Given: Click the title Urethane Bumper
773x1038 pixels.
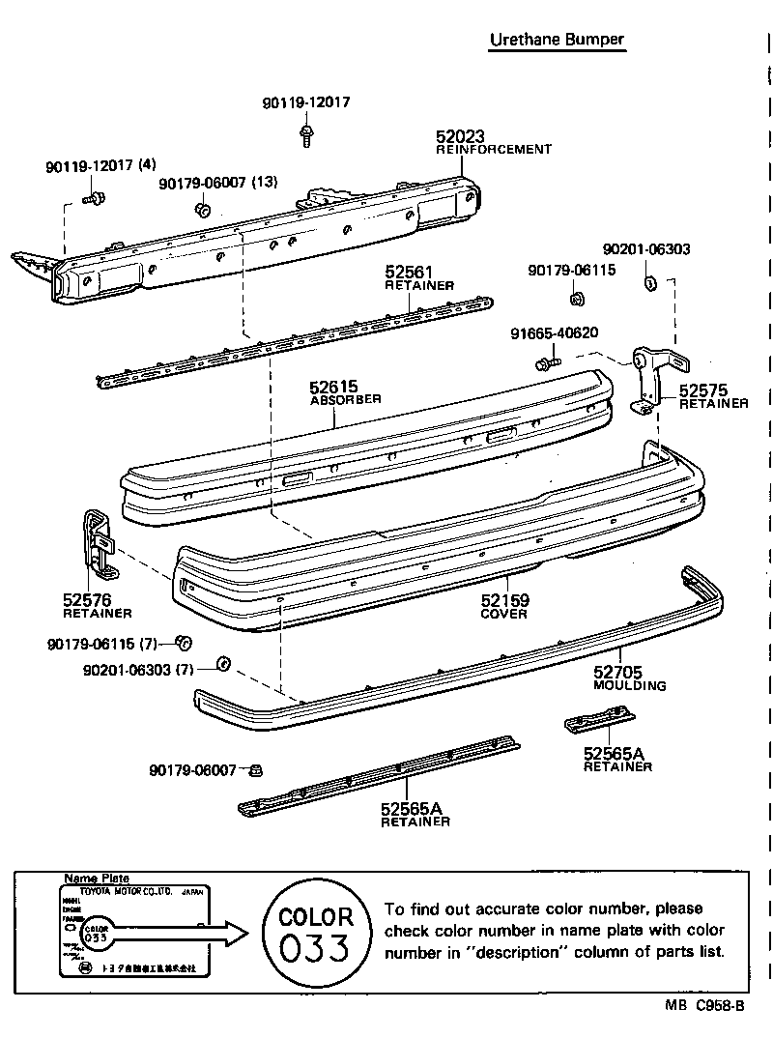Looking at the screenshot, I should [557, 40].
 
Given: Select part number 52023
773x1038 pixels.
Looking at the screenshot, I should [459, 137].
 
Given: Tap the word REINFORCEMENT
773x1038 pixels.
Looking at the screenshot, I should [493, 150].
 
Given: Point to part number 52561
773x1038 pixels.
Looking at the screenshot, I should [409, 273].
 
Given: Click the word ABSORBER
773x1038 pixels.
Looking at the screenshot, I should [345, 399].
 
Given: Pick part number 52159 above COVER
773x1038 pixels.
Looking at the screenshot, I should [504, 601].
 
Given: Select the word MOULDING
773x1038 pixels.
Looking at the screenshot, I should [629, 685].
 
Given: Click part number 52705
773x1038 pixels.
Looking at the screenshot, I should [617, 673].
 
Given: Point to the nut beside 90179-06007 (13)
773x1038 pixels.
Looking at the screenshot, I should [202, 210].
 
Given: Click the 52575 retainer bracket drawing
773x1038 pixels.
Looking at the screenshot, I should [654, 379].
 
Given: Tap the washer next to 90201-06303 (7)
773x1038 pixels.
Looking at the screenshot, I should [220, 663].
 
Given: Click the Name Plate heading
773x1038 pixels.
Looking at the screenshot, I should [96, 878].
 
